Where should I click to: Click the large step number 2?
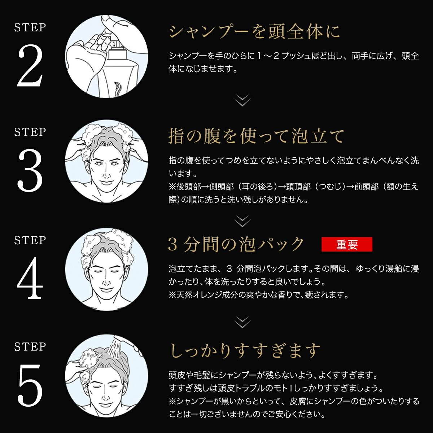tap(30, 65)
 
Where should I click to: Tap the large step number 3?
tap(30, 171)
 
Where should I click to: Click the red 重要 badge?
tap(347, 245)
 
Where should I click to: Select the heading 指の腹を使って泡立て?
tap(256, 136)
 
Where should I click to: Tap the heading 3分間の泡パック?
tap(236, 244)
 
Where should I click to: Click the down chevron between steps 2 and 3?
tap(242, 100)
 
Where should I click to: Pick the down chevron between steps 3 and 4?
tap(242, 221)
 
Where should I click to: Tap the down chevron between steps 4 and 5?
tap(242, 322)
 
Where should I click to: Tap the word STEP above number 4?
tap(30, 240)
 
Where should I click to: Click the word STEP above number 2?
tap(30, 27)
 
